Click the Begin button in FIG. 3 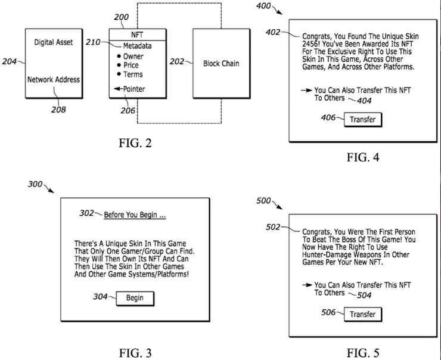pyautogui.click(x=135, y=298)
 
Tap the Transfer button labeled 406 pyautogui.click(x=363, y=119)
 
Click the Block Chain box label pyautogui.click(x=221, y=63)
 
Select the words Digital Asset pyautogui.click(x=53, y=43)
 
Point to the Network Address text pyautogui.click(x=53, y=79)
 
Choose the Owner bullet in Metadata pyautogui.click(x=133, y=57)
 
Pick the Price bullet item pyautogui.click(x=131, y=66)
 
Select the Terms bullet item pyautogui.click(x=133, y=75)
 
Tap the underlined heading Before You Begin pyautogui.click(x=134, y=215)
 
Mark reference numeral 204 pyautogui.click(x=9, y=61)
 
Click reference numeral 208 pyautogui.click(x=58, y=110)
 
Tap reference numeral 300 pyautogui.click(x=35, y=184)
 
